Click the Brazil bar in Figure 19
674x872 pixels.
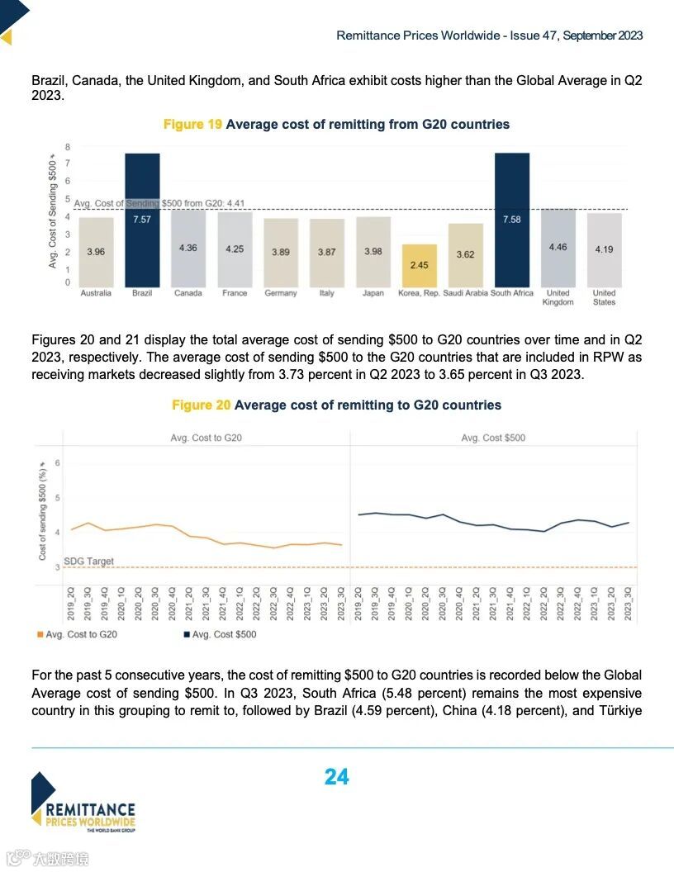(142, 220)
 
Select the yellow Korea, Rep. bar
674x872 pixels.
(420, 265)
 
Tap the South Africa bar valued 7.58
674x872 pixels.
(511, 220)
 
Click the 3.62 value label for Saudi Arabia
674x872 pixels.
(466, 254)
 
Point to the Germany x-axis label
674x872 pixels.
(281, 293)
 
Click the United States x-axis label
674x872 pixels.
(604, 297)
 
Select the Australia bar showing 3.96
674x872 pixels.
(96, 252)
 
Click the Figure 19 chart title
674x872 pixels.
(336, 125)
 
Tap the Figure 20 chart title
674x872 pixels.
(336, 405)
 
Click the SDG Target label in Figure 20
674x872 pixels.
(88, 562)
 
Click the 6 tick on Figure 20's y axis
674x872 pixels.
(58, 463)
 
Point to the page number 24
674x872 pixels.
(336, 777)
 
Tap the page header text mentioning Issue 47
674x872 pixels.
(489, 36)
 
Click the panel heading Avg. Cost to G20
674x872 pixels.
(206, 438)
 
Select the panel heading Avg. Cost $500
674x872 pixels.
(493, 438)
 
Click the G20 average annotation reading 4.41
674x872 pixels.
(149, 203)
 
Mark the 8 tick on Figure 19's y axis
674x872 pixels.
(68, 147)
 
